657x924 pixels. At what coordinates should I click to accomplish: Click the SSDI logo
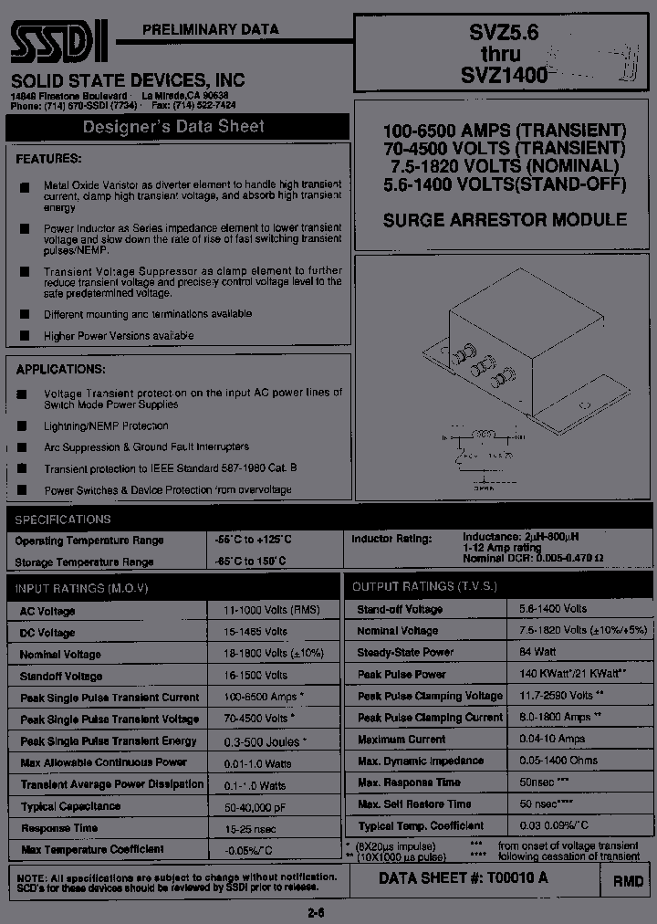pos(60,39)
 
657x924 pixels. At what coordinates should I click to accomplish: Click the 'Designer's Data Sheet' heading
pos(173,127)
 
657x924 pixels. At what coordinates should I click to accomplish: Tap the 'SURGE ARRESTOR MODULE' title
pos(505,220)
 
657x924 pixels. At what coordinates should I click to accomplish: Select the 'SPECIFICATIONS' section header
pos(63,520)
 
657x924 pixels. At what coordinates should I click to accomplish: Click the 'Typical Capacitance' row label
pos(70,806)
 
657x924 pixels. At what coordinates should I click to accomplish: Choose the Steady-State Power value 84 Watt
pos(539,652)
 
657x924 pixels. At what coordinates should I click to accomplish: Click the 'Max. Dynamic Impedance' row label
pos(421,761)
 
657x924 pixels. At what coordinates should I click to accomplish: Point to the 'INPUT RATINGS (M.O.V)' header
pos(83,587)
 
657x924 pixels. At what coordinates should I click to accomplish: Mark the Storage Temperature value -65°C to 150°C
pos(250,561)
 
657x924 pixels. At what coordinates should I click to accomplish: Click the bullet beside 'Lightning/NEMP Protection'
pos(23,426)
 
